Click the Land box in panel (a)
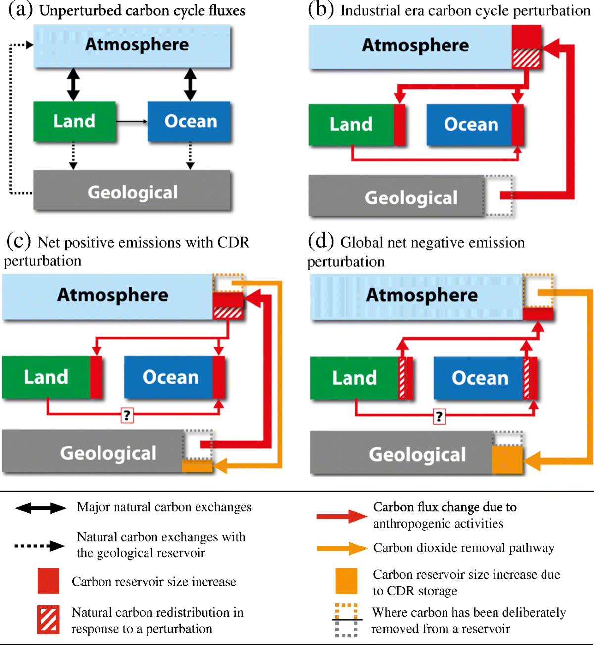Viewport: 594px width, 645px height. [x=74, y=121]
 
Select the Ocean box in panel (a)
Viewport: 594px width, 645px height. [x=190, y=121]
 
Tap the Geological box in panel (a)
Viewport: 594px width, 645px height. [x=132, y=192]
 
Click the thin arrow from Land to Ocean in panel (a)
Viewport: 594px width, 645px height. [x=132, y=121]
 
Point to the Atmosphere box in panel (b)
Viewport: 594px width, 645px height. [x=411, y=46]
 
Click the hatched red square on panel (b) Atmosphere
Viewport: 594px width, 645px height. [x=526, y=58]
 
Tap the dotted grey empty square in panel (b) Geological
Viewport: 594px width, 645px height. [x=498, y=196]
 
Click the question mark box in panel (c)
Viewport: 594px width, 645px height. [x=127, y=415]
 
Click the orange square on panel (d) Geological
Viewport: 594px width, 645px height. [x=507, y=460]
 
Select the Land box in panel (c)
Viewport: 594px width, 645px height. [x=46, y=377]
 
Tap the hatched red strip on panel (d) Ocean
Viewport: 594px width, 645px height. [x=528, y=378]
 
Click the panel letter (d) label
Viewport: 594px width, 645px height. [x=320, y=241]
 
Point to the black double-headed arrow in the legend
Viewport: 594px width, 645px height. [x=41, y=508]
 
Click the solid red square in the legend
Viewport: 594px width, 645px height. [x=49, y=581]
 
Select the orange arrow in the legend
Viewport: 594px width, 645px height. [x=342, y=548]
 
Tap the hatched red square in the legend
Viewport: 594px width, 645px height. [x=49, y=619]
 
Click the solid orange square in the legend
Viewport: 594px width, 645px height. [x=346, y=581]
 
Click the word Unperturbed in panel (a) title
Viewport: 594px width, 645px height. [x=78, y=11]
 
